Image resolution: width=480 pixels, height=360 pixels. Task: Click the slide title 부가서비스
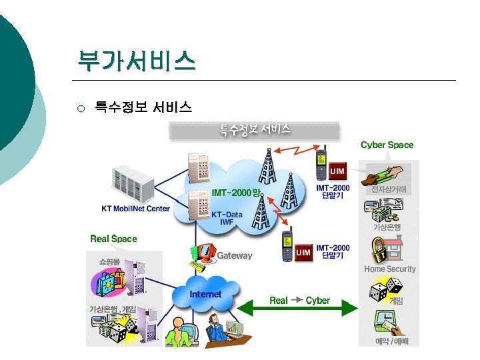pyautogui.click(x=136, y=61)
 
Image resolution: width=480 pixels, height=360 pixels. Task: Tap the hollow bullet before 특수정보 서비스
pyautogui.click(x=81, y=108)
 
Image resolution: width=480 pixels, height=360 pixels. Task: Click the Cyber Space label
pyautogui.click(x=387, y=145)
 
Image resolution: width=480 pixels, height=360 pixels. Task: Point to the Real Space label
pyautogui.click(x=113, y=238)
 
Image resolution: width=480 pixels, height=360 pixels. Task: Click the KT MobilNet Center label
pyautogui.click(x=135, y=209)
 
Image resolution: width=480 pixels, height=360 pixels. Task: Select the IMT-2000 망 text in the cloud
pyautogui.click(x=236, y=193)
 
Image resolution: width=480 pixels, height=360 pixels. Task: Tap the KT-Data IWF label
pyautogui.click(x=227, y=218)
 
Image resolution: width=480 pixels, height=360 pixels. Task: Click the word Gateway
pyautogui.click(x=235, y=255)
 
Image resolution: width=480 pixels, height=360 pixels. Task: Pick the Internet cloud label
pyautogui.click(x=205, y=294)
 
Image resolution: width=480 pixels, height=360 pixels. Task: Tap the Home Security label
pyautogui.click(x=389, y=269)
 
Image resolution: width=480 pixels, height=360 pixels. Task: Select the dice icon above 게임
pyautogui.click(x=386, y=291)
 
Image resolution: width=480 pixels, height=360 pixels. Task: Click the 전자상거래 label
pyautogui.click(x=389, y=190)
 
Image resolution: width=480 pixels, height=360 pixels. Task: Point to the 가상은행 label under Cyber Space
pyautogui.click(x=387, y=227)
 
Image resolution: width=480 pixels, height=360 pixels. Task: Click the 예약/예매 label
pyautogui.click(x=392, y=341)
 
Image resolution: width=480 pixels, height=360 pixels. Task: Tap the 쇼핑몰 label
pyautogui.click(x=109, y=261)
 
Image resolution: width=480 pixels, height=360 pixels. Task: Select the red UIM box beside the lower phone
pyautogui.click(x=303, y=253)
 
